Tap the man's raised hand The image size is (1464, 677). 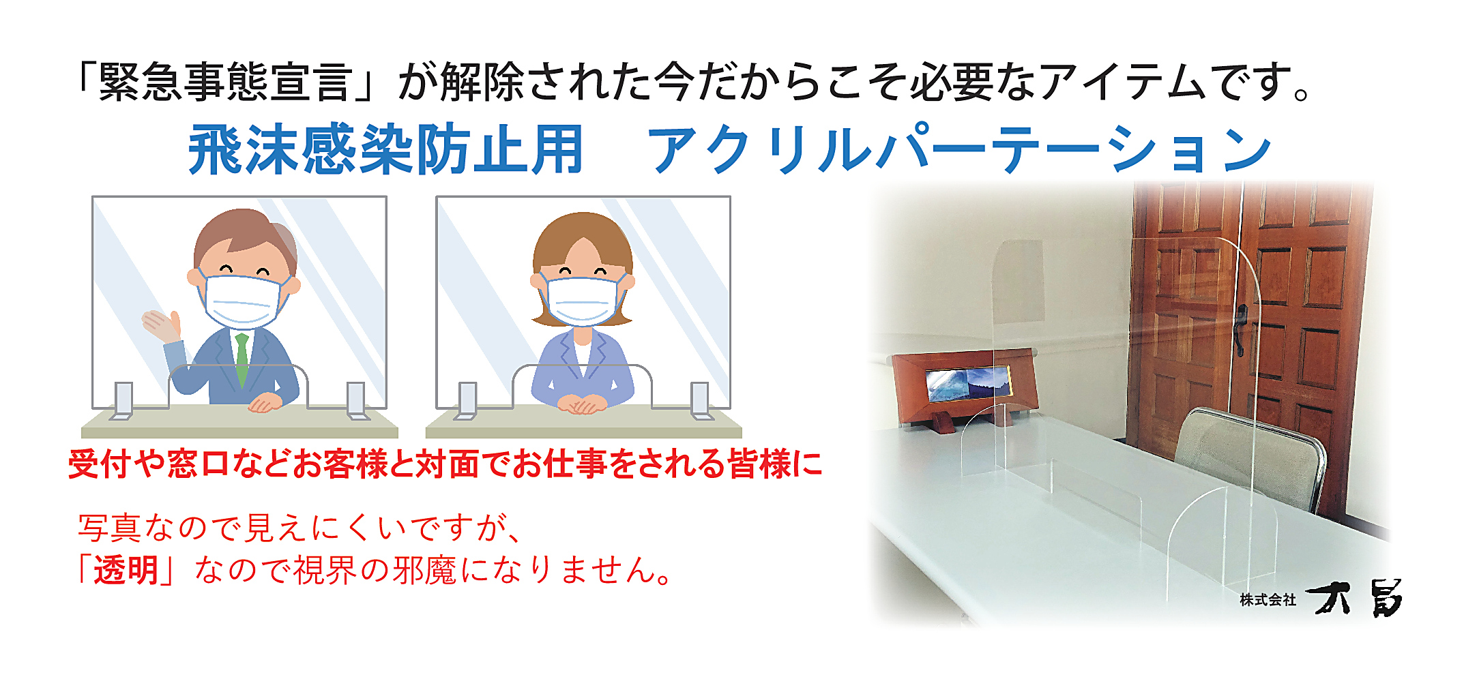[162, 325]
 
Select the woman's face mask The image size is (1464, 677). [581, 301]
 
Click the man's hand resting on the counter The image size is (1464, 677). [265, 403]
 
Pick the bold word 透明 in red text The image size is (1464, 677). [126, 569]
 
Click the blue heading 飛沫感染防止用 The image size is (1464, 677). [386, 149]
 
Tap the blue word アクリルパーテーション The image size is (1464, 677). [958, 149]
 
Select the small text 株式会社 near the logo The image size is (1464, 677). [1268, 599]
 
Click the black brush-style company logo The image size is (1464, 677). [1354, 599]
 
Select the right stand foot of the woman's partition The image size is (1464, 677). [701, 400]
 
